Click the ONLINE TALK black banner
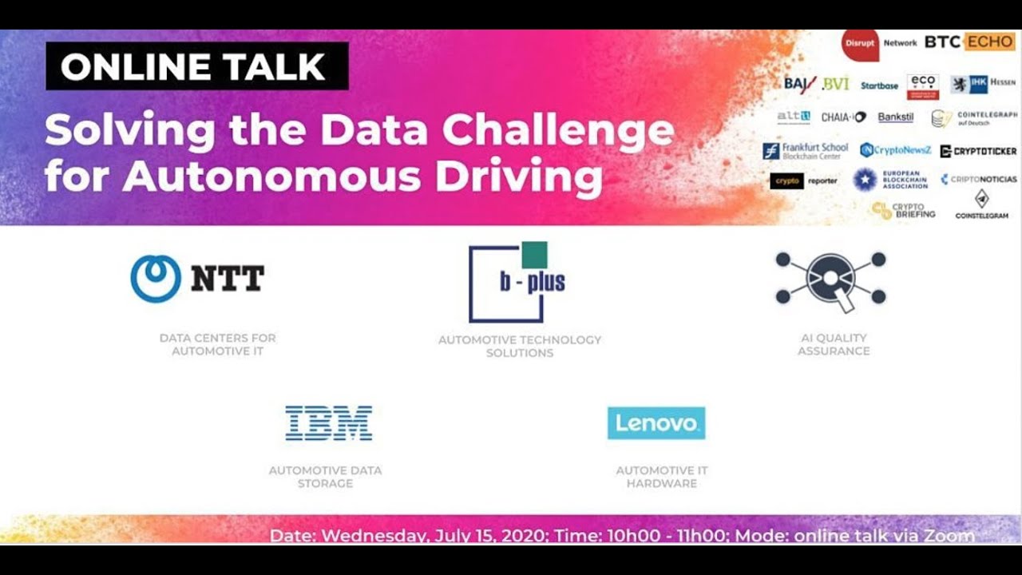[196, 66]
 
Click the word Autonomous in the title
[271, 176]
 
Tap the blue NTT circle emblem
[156, 279]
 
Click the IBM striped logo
[328, 423]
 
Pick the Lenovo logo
[656, 423]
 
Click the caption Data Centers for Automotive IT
[217, 344]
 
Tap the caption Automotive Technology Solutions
[520, 346]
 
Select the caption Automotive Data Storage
[325, 477]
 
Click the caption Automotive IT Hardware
[662, 477]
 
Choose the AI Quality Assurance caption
[834, 344]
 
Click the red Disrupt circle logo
[860, 44]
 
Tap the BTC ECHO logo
[969, 42]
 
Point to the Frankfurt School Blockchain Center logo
[805, 151]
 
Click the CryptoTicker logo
[978, 151]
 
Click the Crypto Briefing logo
[902, 210]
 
